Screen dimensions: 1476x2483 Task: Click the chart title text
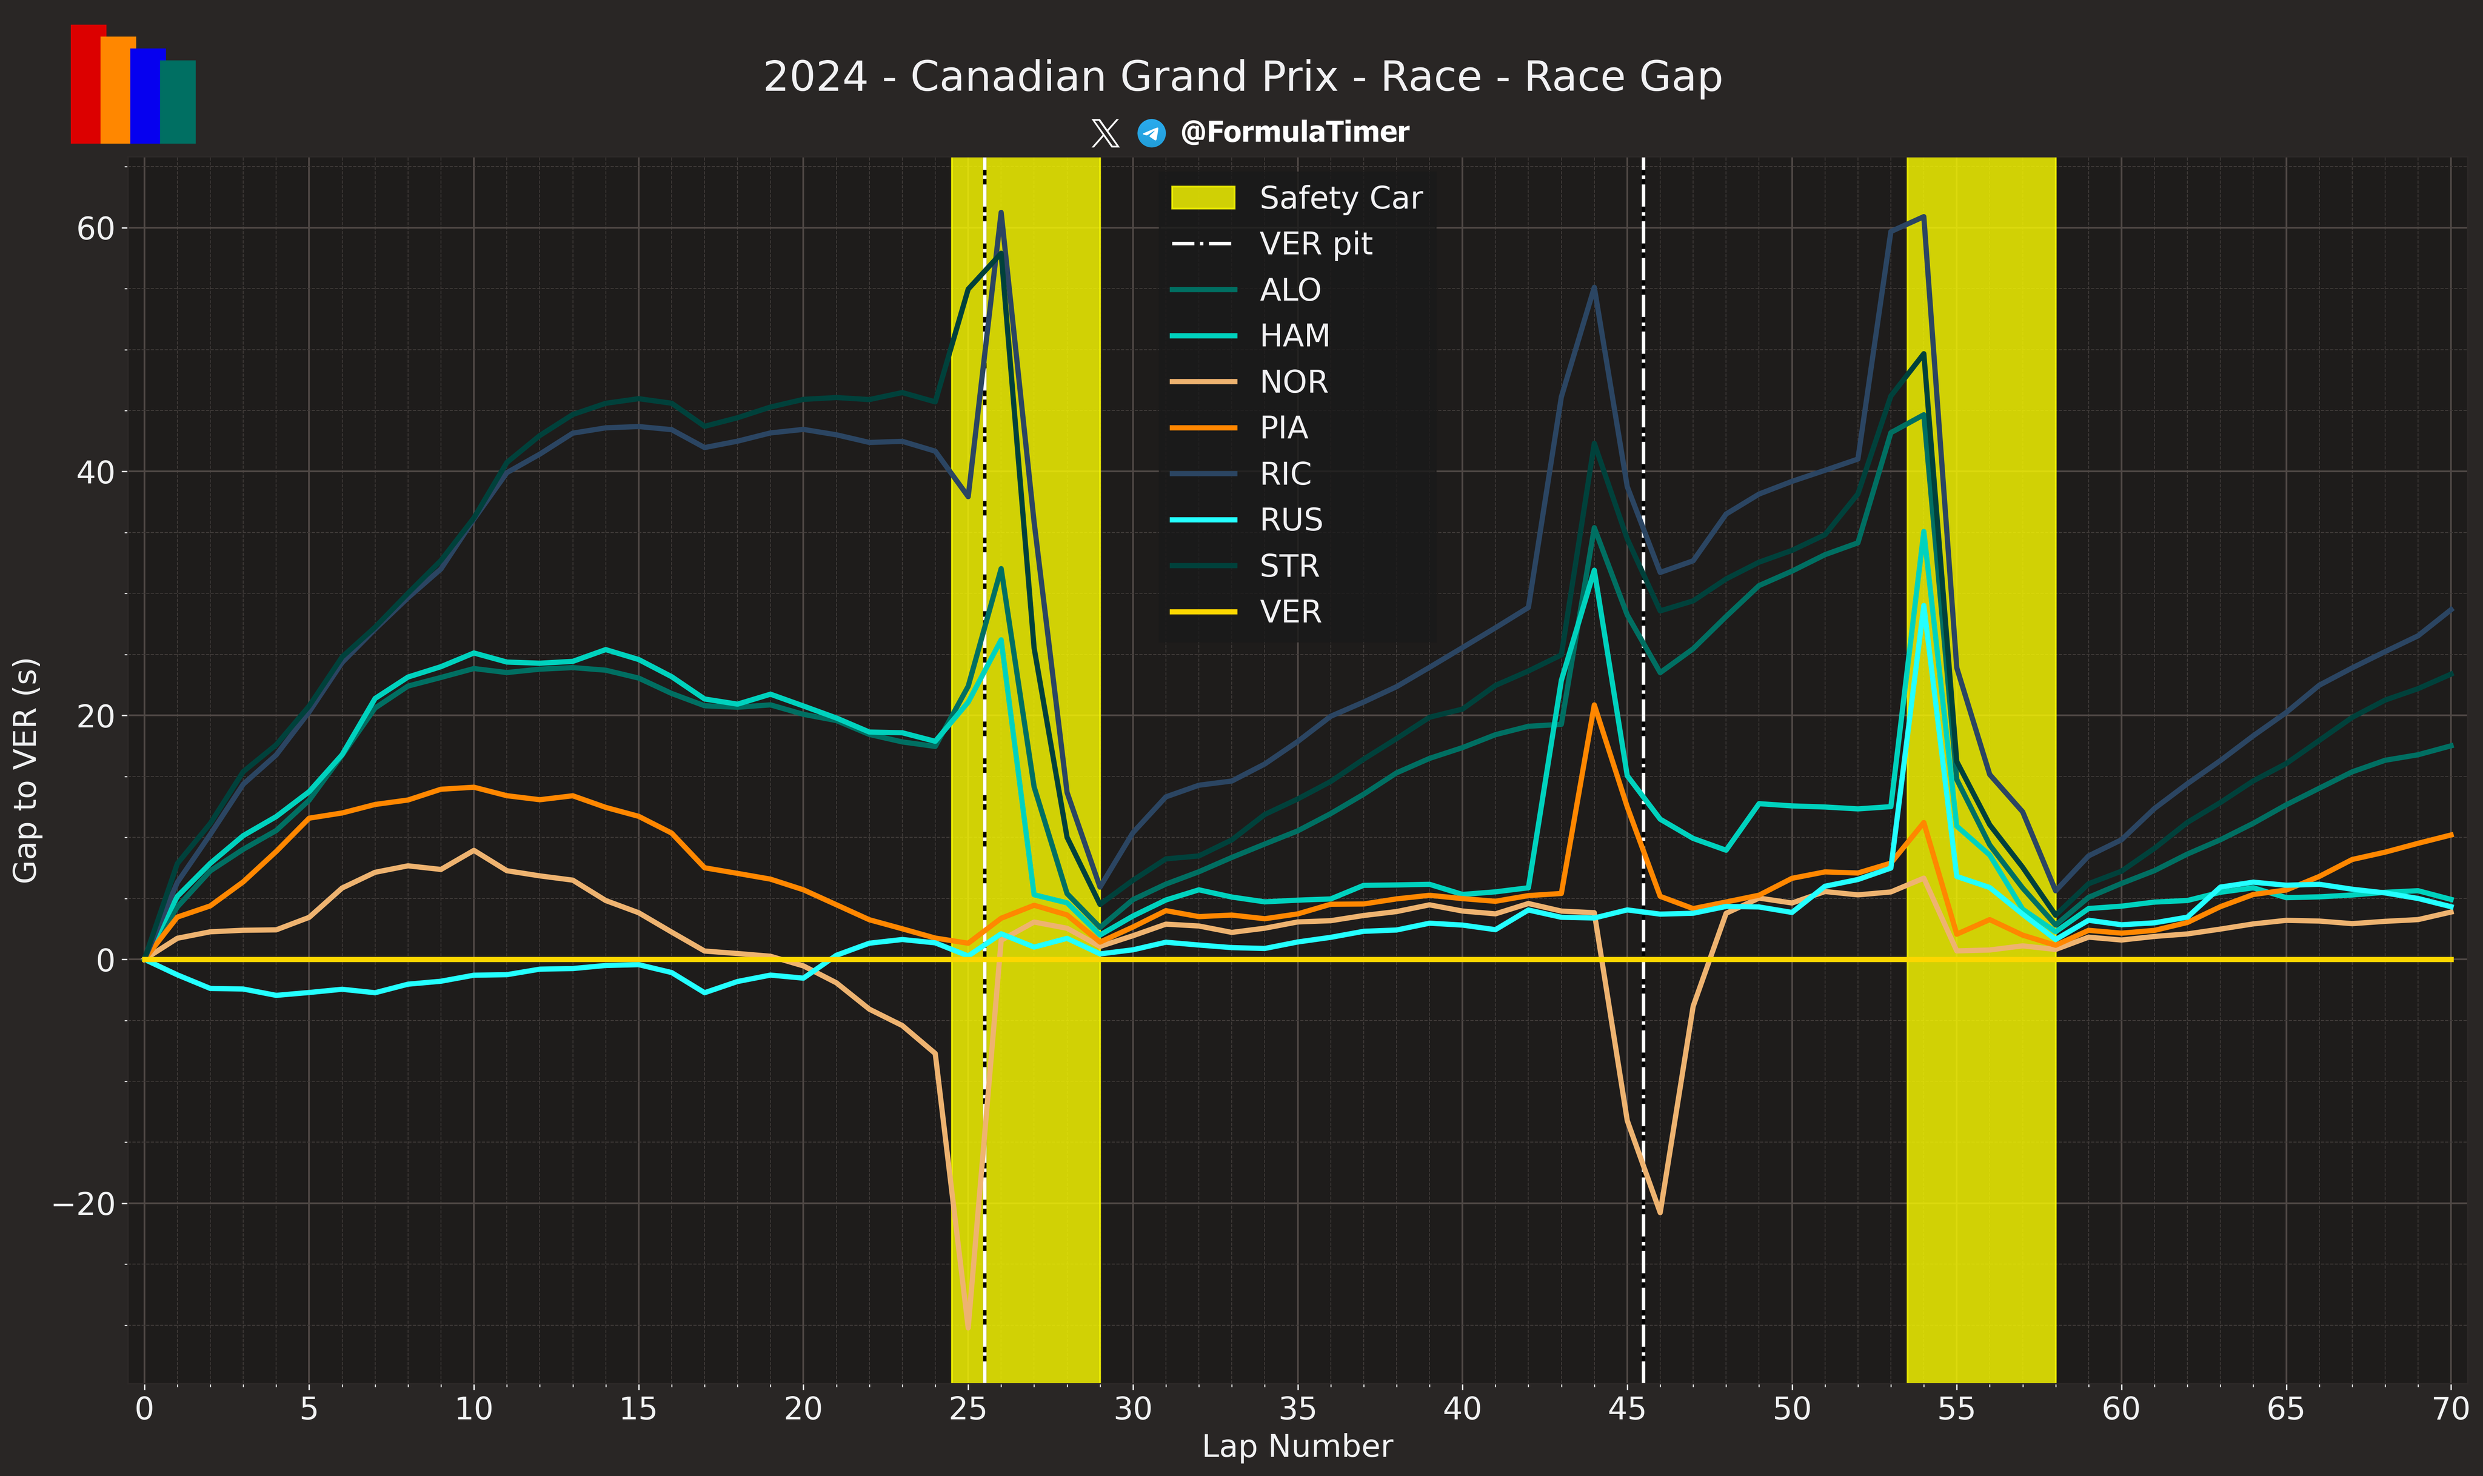pos(1242,76)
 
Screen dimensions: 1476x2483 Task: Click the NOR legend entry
pos(1292,382)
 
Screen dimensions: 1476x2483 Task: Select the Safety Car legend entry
pos(1340,198)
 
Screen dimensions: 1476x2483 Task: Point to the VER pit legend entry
pos(1315,244)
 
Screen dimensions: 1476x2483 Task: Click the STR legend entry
pos(1289,566)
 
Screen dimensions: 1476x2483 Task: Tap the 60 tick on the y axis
pos(95,228)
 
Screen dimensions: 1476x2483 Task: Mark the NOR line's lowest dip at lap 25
pos(967,1327)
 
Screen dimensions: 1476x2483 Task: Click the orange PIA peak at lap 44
pos(1594,705)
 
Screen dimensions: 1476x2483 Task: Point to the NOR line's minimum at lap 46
pos(1660,1212)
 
